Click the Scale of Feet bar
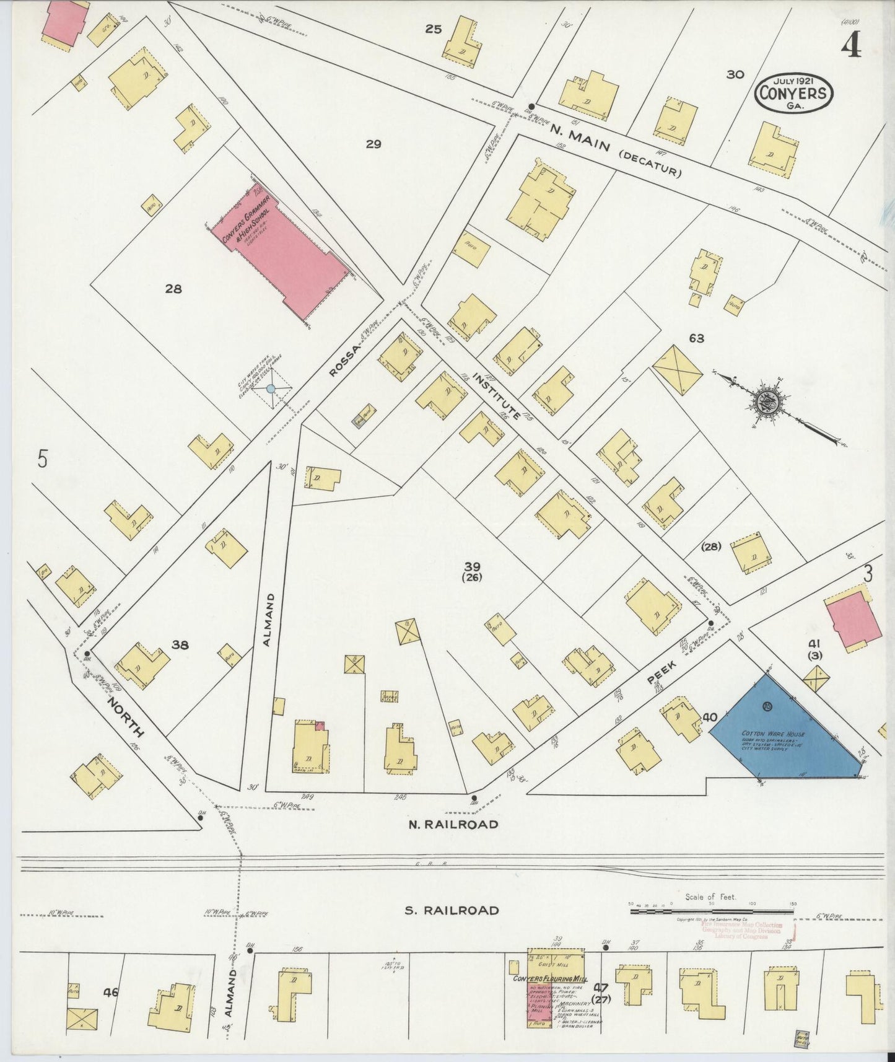point(712,911)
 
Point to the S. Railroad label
point(452,910)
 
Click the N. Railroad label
point(453,824)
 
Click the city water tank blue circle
point(271,388)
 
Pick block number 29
point(373,144)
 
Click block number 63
point(696,338)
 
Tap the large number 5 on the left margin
point(42,459)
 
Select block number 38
point(180,645)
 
